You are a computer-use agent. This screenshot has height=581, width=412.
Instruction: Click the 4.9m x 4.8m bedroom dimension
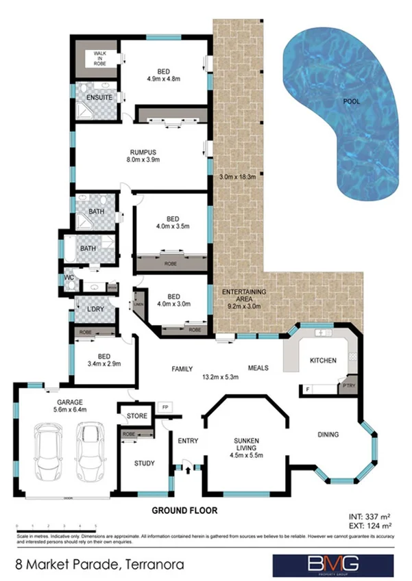tap(165, 79)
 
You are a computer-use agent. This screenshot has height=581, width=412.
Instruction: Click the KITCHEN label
tap(322, 360)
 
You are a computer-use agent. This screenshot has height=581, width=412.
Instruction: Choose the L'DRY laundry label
tap(90, 309)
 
